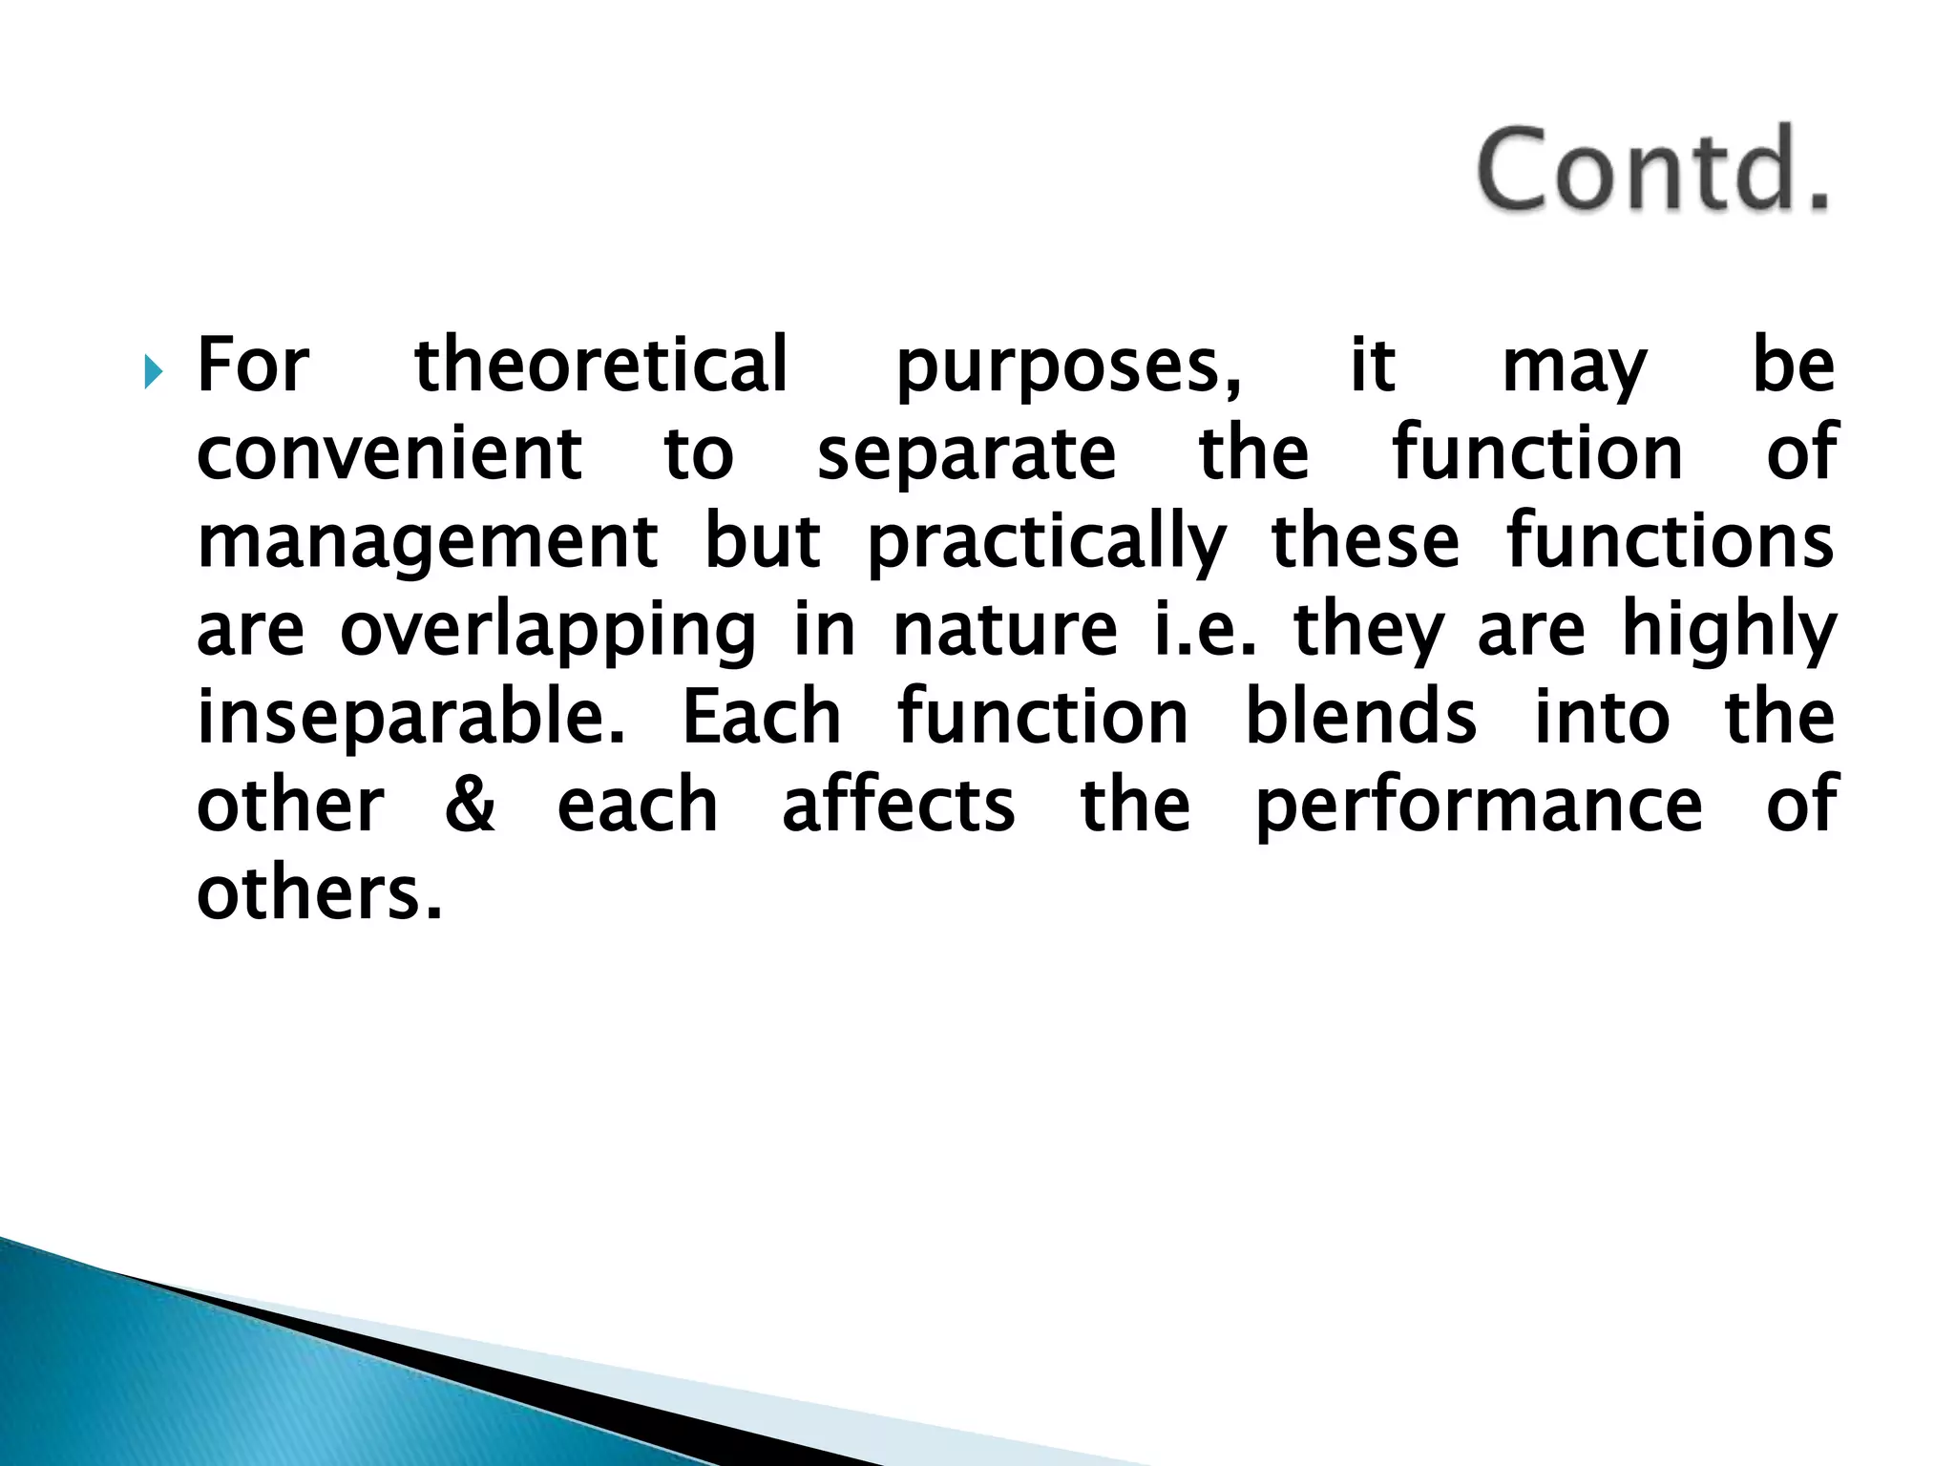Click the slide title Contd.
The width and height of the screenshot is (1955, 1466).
[1652, 171]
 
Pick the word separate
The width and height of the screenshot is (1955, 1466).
[966, 456]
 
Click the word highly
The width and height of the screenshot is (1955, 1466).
[1730, 630]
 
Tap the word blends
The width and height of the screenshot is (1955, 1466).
[1361, 718]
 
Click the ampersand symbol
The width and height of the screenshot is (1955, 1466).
[470, 806]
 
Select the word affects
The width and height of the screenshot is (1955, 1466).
[897, 804]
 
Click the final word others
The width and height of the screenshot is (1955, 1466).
[319, 893]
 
